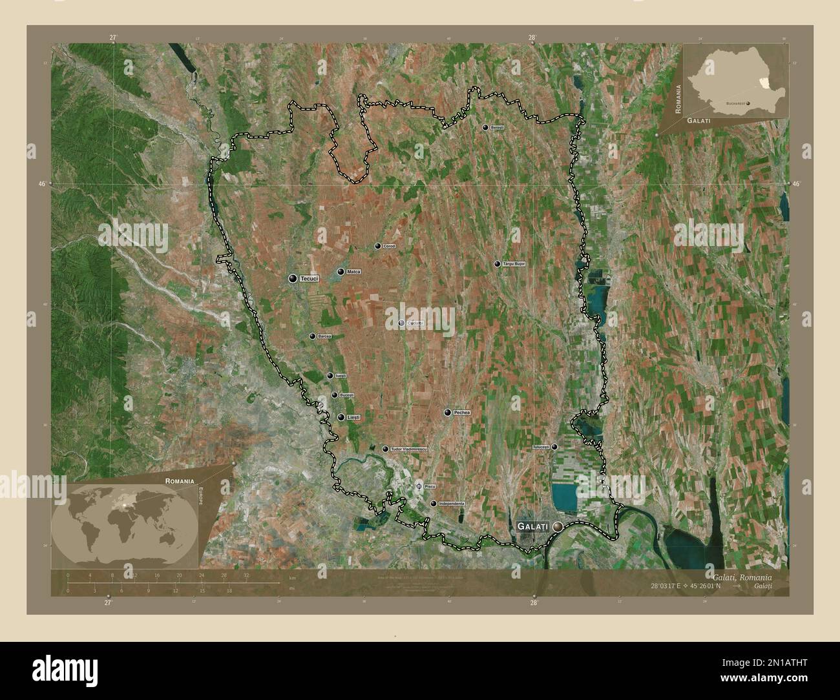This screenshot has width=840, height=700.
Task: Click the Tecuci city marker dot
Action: (x=293, y=278)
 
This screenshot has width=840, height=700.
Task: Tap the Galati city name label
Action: (x=532, y=527)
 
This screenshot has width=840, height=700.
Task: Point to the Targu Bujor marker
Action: (x=497, y=264)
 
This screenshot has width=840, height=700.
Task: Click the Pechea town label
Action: (x=461, y=412)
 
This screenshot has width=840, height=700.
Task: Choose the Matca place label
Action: (x=353, y=272)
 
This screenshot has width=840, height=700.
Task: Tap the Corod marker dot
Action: (x=378, y=246)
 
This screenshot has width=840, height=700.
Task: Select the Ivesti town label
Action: (x=341, y=376)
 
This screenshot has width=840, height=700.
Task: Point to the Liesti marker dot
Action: (x=341, y=417)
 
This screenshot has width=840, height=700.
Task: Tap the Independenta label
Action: (x=451, y=503)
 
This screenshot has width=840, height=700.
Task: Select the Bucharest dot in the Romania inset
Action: (x=748, y=103)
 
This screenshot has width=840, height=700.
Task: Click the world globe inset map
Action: (x=125, y=524)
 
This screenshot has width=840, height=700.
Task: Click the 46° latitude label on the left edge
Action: (x=42, y=184)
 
